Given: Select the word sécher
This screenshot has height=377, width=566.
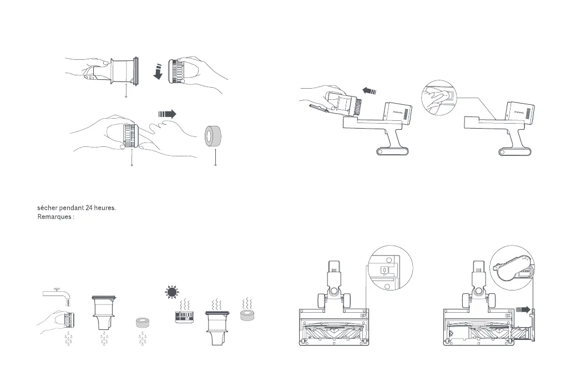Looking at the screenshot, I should pos(48,208).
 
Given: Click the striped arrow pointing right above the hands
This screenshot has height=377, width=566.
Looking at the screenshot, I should pos(166,113).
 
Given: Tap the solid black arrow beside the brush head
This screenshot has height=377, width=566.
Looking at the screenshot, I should pos(523,310).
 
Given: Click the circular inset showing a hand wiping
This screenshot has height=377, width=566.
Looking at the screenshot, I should pos(441,98).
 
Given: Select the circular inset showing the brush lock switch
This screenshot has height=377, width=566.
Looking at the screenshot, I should pos(391,268).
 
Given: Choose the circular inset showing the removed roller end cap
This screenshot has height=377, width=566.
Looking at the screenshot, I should pos(512,267).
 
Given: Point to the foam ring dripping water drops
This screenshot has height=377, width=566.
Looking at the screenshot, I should pos(144,323).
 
